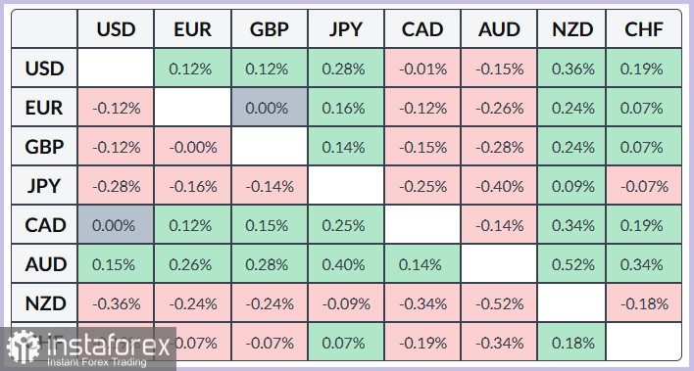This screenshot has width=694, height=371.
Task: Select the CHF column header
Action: pos(643,30)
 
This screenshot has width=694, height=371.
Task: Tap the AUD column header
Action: pos(499,30)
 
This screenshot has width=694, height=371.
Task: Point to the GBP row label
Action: pos(46,147)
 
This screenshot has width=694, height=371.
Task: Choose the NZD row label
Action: pos(46,302)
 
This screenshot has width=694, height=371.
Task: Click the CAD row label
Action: pos(46,224)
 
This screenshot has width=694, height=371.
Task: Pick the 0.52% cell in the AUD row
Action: pos(572,263)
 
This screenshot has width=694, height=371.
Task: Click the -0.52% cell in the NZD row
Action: pos(499,302)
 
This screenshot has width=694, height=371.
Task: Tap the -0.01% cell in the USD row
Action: pos(422,70)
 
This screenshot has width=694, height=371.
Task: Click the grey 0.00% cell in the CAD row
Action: pos(116,224)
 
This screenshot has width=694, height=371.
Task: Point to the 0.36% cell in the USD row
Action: pos(572,70)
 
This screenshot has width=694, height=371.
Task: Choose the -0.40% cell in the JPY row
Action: pos(499,186)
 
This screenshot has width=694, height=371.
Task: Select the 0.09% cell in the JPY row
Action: pos(572,186)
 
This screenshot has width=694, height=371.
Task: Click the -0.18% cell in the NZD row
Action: pos(643,302)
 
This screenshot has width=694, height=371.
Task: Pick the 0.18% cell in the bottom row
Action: pos(572,342)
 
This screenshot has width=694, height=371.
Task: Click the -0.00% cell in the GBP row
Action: pos(192,147)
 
